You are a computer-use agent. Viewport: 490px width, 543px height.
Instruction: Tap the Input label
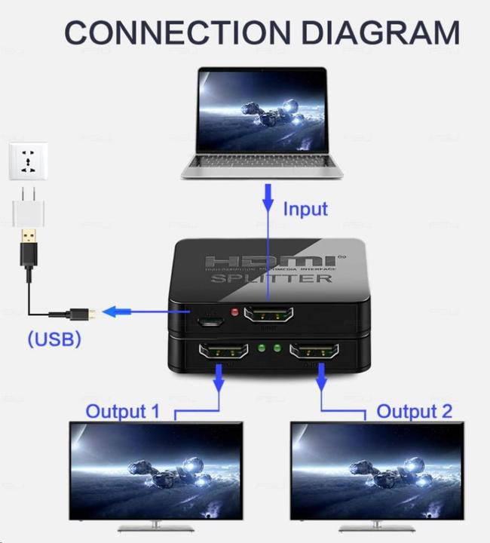305,208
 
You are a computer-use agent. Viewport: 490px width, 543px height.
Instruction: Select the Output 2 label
414,411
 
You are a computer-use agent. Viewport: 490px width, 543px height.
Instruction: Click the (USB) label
54,339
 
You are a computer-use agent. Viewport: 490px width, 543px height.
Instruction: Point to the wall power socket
28,161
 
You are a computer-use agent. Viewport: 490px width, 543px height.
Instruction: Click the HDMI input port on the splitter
268,316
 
